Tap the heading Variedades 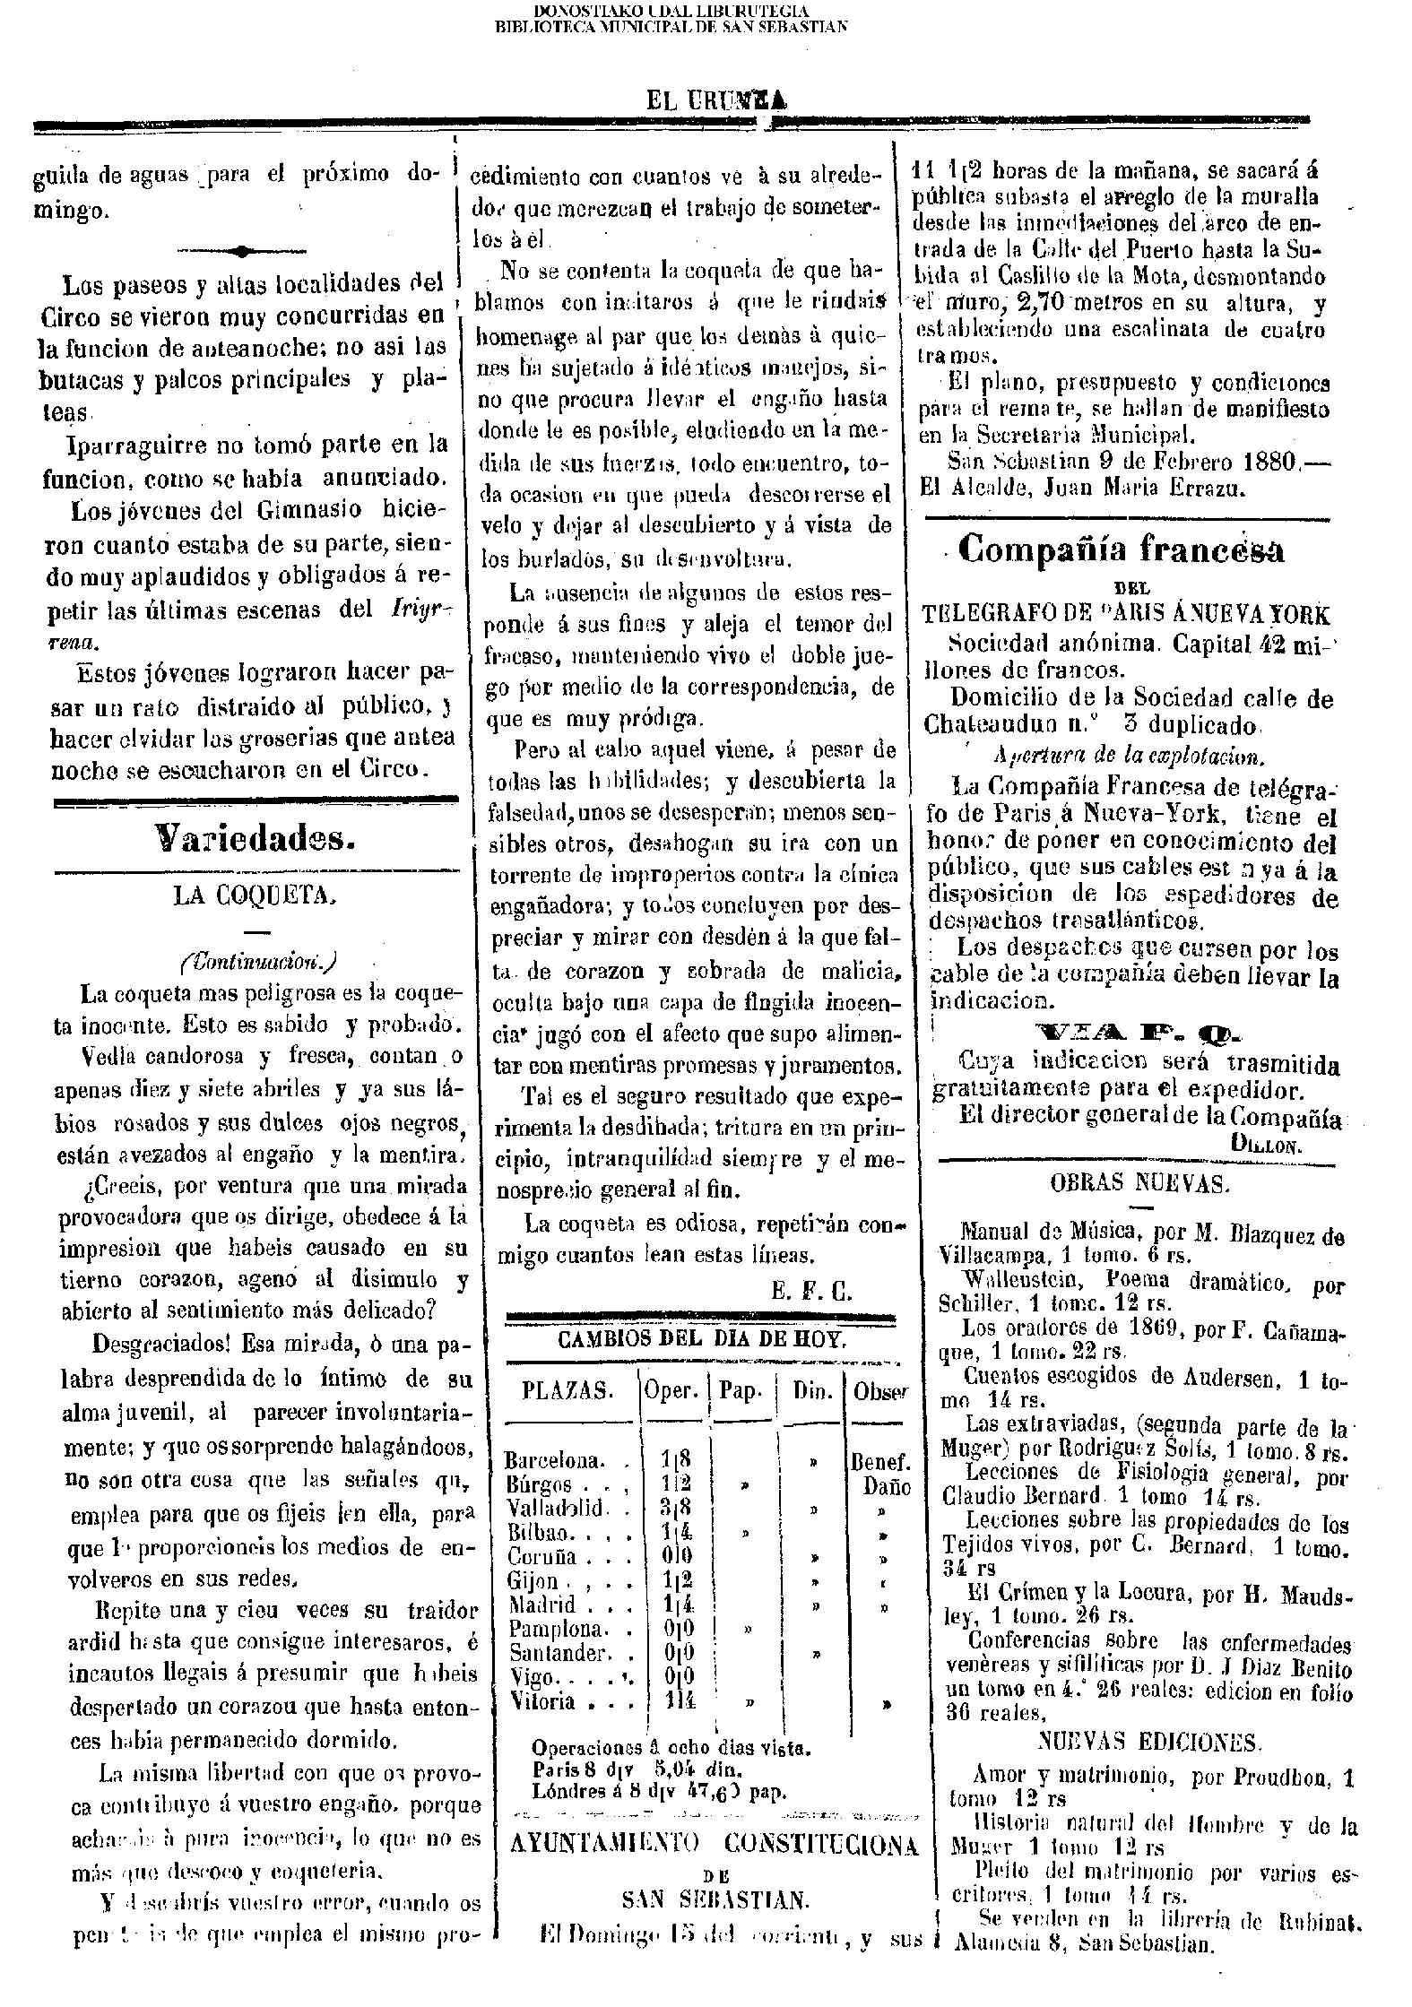[256, 838]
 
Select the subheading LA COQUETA [256, 898]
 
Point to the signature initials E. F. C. [811, 1291]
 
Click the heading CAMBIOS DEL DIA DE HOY [700, 1340]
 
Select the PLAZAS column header [567, 1391]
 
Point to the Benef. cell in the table [880, 1461]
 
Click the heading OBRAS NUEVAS [1139, 1183]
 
